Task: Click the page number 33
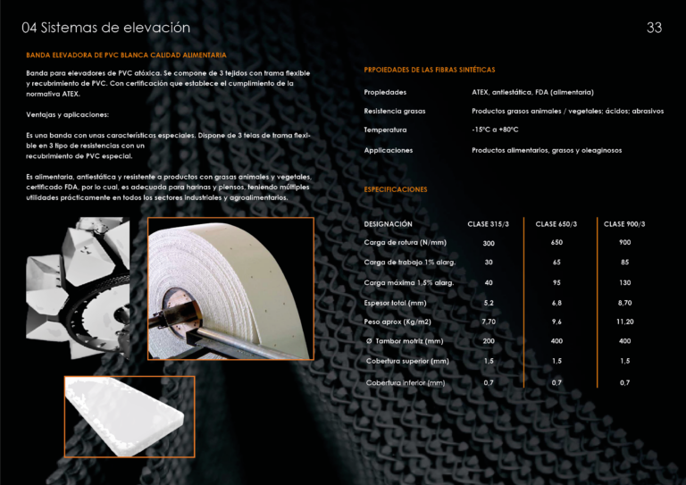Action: click(x=654, y=28)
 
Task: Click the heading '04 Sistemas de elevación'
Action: click(x=106, y=28)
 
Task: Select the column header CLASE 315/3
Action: click(x=489, y=223)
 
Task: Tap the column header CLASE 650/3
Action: click(x=556, y=223)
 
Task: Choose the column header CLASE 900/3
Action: click(x=624, y=223)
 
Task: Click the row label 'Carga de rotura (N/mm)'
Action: click(x=405, y=243)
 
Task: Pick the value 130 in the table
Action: click(x=624, y=282)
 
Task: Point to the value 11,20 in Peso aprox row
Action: click(x=624, y=322)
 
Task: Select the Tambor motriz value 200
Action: click(x=489, y=341)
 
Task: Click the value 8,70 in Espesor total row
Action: click(x=624, y=302)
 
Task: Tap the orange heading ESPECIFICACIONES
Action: click(x=395, y=189)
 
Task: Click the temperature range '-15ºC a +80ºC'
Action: click(x=495, y=130)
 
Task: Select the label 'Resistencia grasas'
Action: click(x=394, y=111)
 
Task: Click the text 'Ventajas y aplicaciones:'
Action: click(x=68, y=115)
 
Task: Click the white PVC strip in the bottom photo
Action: click(x=125, y=413)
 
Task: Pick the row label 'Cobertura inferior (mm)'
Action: click(x=405, y=382)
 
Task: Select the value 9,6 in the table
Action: click(x=556, y=322)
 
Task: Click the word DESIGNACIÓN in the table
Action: click(x=388, y=223)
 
